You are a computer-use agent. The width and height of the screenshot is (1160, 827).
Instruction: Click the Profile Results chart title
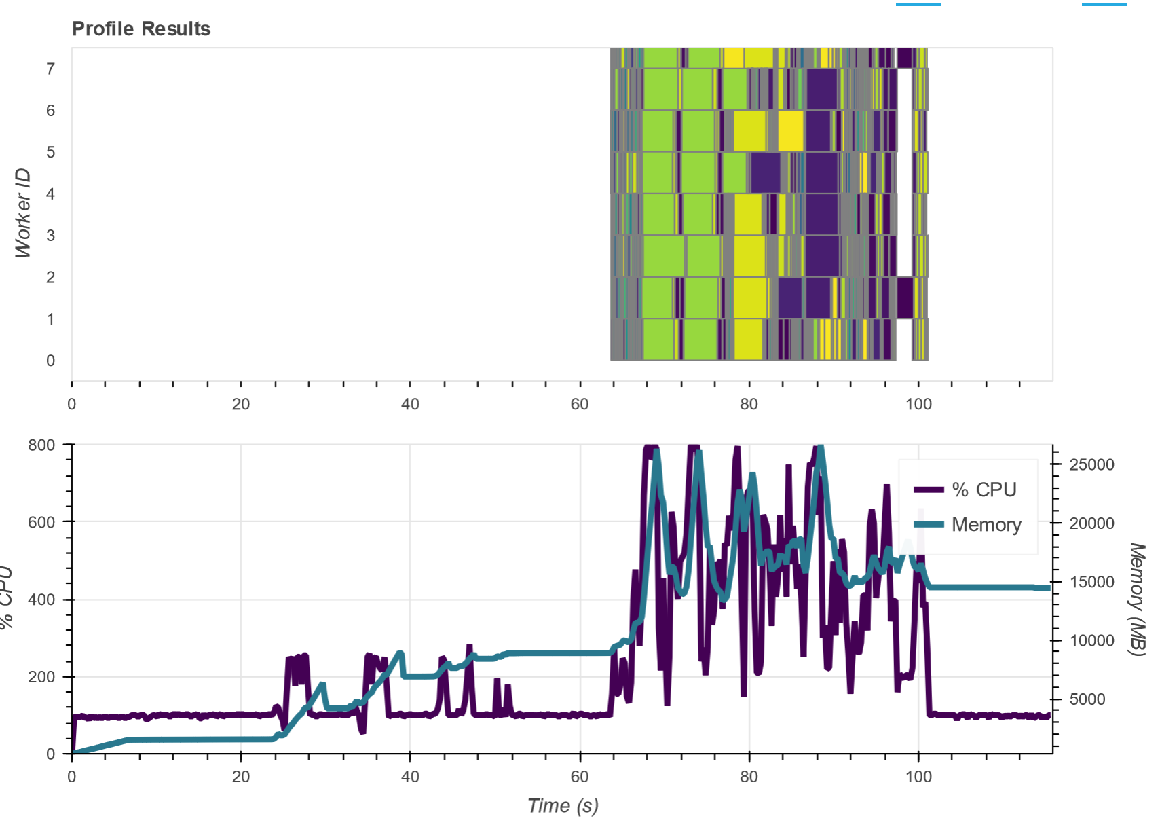click(141, 29)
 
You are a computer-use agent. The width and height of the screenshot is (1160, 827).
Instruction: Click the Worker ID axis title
click(23, 213)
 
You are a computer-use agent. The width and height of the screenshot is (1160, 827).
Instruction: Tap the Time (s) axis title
click(563, 806)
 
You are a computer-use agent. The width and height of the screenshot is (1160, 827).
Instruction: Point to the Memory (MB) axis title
click(1138, 599)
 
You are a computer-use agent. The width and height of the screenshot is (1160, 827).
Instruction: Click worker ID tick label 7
click(50, 69)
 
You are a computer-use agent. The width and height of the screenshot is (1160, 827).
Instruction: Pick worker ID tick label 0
click(50, 361)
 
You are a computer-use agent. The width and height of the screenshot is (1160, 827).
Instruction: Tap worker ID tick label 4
click(50, 194)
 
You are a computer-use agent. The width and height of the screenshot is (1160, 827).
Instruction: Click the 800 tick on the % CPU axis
click(41, 445)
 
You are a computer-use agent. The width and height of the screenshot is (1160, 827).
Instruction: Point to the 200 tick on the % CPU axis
click(41, 677)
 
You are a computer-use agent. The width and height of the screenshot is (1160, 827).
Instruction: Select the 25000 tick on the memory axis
click(1091, 465)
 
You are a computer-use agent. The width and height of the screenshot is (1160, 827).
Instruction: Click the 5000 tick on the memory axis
click(1091, 699)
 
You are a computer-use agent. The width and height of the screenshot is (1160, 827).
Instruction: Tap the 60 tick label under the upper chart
click(580, 405)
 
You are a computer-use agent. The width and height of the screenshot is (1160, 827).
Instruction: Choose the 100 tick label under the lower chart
click(918, 777)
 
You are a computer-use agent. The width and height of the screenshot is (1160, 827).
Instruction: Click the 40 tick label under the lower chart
click(410, 777)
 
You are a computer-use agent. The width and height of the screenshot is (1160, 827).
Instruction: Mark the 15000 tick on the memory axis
click(1091, 583)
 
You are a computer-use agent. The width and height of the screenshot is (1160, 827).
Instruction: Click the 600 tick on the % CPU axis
click(41, 522)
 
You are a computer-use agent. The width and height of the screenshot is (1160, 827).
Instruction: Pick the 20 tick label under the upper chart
click(241, 405)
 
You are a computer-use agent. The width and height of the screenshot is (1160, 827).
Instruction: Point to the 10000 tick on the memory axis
click(1091, 641)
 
